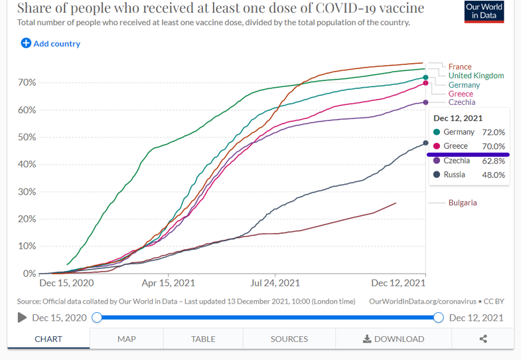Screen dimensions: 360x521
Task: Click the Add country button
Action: tap(50, 44)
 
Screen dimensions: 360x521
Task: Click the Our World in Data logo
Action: tap(484, 11)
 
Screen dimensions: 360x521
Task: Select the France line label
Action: tap(460, 66)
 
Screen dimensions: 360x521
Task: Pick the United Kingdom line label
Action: tap(476, 76)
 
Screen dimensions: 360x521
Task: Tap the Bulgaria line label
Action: tap(463, 203)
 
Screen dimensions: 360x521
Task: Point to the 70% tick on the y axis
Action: tap(27, 83)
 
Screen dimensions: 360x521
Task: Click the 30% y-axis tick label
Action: tap(27, 192)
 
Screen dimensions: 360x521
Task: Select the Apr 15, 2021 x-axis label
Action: tap(169, 282)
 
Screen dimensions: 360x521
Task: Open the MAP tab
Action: tap(127, 339)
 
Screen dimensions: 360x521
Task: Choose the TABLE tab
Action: tap(203, 339)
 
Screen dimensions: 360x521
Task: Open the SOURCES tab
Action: tap(289, 339)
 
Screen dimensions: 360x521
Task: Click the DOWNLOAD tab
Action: tap(394, 339)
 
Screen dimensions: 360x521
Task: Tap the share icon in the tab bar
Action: tap(483, 339)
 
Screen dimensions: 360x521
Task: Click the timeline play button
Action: tap(23, 317)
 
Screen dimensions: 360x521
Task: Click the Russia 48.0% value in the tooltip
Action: tap(494, 175)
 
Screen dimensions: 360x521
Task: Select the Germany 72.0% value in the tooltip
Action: tap(494, 132)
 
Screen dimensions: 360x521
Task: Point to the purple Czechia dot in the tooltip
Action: tap(437, 161)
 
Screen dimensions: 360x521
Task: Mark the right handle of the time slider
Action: tap(438, 317)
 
